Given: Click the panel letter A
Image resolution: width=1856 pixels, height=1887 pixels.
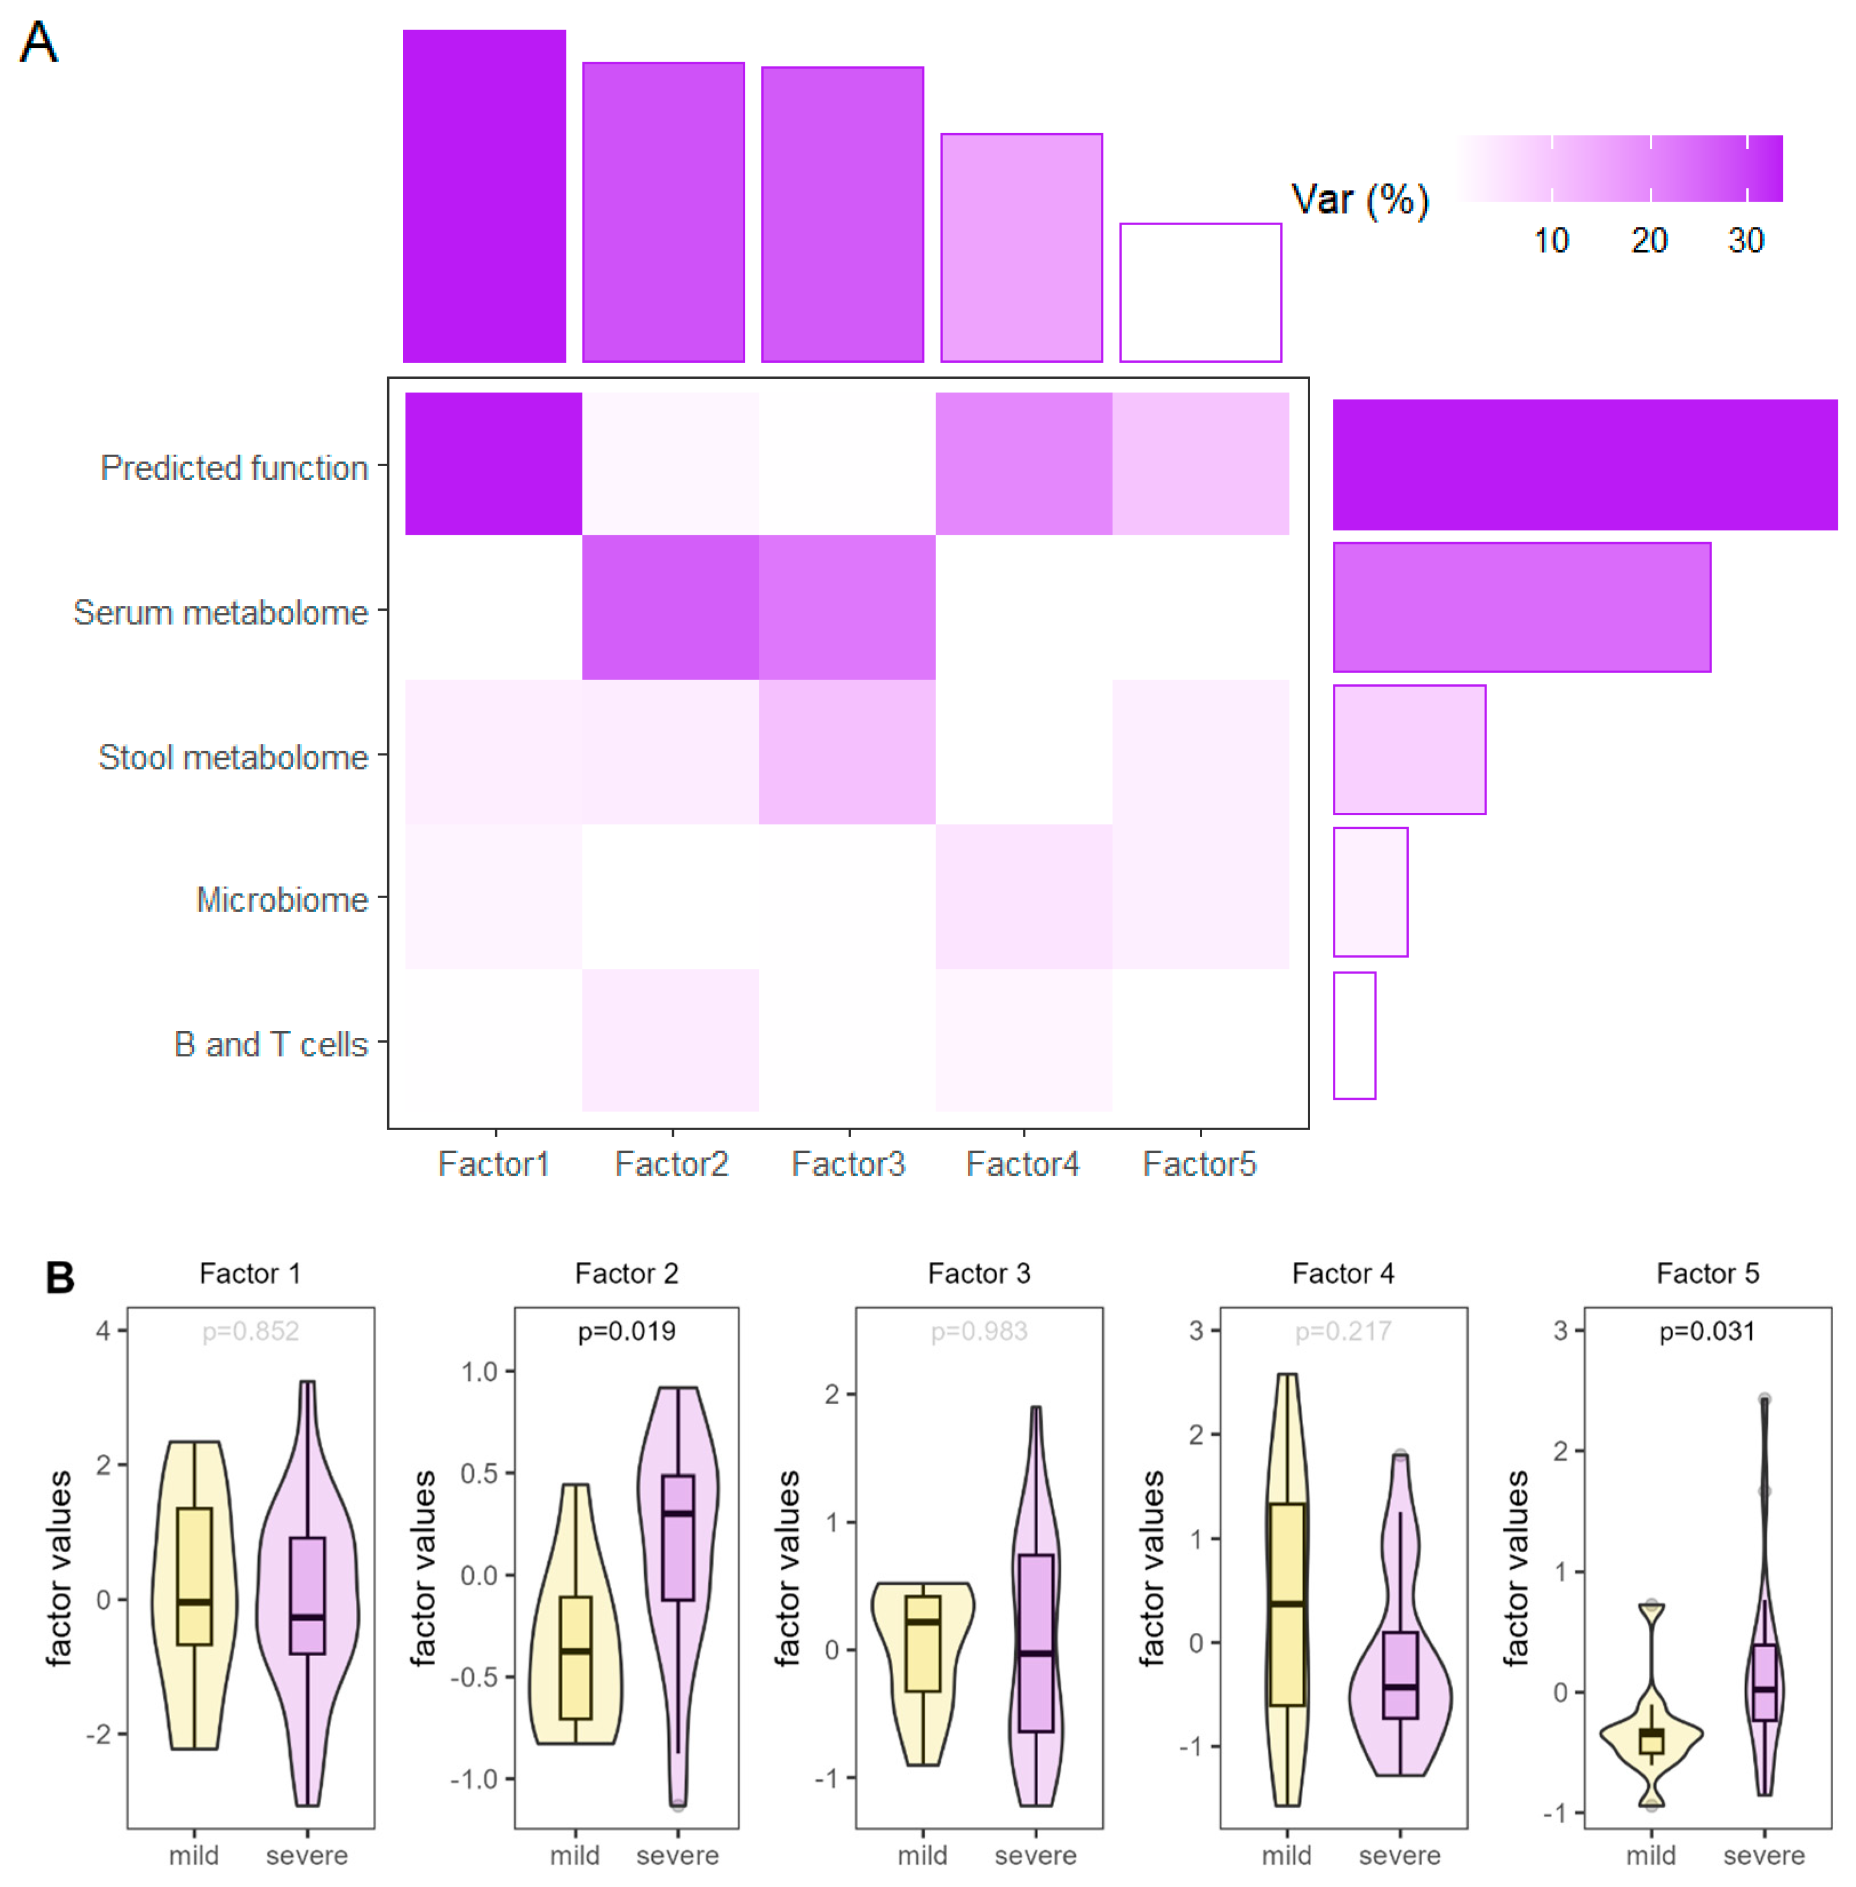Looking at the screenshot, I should [39, 43].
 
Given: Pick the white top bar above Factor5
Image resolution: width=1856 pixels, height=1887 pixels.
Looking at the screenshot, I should [1200, 293].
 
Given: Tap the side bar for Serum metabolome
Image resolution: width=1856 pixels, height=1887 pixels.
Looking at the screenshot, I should [1521, 607].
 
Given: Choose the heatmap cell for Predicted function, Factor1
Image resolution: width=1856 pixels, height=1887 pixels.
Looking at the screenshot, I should [493, 463].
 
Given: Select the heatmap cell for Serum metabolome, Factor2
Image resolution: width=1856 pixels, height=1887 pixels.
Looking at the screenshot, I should [670, 607].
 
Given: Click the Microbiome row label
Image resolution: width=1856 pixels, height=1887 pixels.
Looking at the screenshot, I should [282, 899].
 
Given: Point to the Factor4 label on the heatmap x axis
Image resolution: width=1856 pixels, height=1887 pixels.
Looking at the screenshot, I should [1023, 1163].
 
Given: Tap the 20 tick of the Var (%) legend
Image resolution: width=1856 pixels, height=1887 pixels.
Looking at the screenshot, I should [1649, 240].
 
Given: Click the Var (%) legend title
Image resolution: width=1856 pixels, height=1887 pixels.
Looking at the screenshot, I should [1360, 200].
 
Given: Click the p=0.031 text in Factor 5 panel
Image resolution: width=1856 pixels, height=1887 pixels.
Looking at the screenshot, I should [1707, 1331].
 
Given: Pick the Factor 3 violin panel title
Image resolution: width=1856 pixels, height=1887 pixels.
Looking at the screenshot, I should [979, 1273].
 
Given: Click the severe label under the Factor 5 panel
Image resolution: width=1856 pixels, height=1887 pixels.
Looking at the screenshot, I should [1763, 1855].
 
